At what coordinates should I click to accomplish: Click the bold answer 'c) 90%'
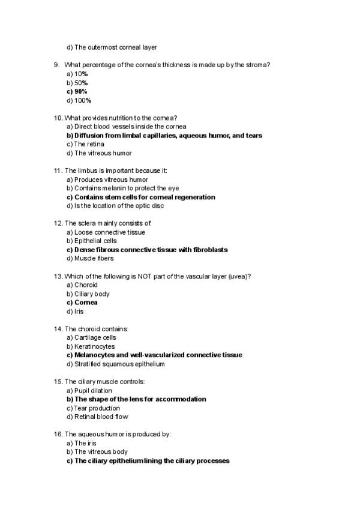pyautogui.click(x=77, y=91)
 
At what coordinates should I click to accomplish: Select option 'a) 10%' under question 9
pyautogui.click(x=77, y=74)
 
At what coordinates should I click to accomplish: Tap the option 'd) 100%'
pyautogui.click(x=79, y=100)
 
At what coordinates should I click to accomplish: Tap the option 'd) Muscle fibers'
pyautogui.click(x=90, y=258)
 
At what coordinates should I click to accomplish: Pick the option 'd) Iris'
pyautogui.click(x=75, y=312)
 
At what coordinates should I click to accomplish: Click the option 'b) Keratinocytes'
pyautogui.click(x=91, y=346)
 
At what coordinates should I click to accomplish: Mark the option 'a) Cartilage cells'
pyautogui.click(x=91, y=337)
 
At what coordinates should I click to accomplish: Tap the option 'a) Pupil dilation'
pyautogui.click(x=89, y=390)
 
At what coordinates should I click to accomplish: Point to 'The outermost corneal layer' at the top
pyautogui.click(x=112, y=47)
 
